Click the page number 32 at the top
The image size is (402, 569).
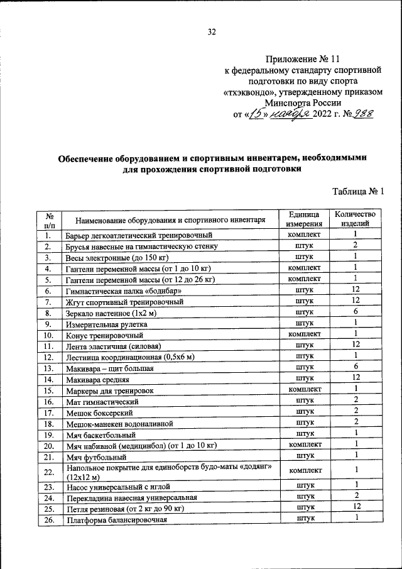212,33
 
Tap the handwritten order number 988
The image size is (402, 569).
360,114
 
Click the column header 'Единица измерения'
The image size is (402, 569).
304,219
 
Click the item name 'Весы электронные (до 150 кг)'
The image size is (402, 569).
119,257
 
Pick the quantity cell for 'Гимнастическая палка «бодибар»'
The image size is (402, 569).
355,290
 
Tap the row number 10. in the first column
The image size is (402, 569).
48,334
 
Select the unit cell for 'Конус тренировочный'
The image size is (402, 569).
304,334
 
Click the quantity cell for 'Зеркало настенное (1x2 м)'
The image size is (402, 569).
355,312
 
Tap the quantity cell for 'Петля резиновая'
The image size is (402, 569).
355,507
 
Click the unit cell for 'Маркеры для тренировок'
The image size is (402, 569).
304,389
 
